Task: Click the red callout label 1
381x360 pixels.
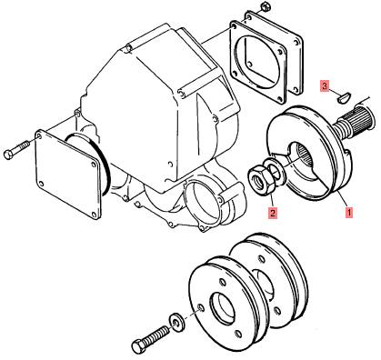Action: [349, 212]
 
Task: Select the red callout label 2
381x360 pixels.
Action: [273, 213]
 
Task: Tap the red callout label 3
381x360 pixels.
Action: [325, 86]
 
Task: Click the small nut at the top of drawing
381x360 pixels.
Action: [266, 5]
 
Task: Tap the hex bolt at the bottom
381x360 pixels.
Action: [151, 339]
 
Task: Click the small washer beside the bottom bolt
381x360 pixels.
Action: [175, 321]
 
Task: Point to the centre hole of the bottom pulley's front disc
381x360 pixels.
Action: [223, 307]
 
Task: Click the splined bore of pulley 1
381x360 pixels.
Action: [306, 153]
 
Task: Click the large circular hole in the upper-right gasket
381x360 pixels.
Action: [259, 64]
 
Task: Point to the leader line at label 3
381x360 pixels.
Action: [334, 92]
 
